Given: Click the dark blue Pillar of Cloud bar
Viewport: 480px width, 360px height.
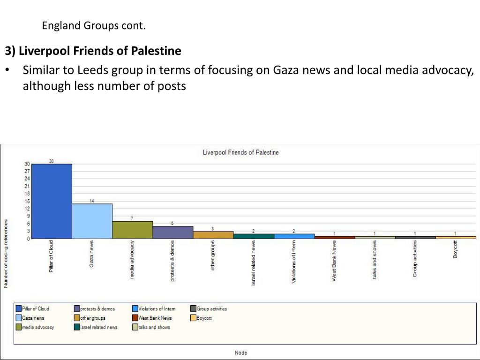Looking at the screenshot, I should click(x=52, y=201).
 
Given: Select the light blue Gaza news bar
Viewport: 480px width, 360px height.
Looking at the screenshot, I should click(x=92, y=221).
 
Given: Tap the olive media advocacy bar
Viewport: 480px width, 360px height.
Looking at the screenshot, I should click(x=132, y=230).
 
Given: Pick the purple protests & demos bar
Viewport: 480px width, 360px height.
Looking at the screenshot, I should click(x=172, y=232).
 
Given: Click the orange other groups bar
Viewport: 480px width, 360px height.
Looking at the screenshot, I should click(x=213, y=235).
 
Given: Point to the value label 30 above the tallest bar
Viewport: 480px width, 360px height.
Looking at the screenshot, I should click(x=51, y=161).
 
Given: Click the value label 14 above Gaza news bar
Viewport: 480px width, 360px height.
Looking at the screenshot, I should click(x=92, y=201).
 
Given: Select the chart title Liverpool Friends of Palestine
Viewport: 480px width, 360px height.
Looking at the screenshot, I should click(x=240, y=152).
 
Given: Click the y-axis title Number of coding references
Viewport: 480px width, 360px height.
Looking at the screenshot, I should click(x=6, y=253).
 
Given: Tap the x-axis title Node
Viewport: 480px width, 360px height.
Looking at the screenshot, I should click(x=241, y=352).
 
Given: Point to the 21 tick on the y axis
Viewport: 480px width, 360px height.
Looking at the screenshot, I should click(x=27, y=186).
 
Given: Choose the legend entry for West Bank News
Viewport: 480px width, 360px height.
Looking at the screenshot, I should click(x=155, y=318).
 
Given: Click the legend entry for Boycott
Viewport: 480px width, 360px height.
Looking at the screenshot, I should click(x=204, y=318).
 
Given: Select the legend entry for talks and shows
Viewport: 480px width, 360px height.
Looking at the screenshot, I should click(x=154, y=327).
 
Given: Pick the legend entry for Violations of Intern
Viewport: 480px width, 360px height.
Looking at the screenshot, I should click(x=157, y=308).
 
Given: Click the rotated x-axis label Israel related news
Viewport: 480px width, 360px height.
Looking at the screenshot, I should click(x=254, y=263).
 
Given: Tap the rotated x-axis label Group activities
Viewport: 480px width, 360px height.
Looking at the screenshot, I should click(x=415, y=259).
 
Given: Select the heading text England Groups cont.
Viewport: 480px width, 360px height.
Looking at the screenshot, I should click(x=94, y=25).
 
